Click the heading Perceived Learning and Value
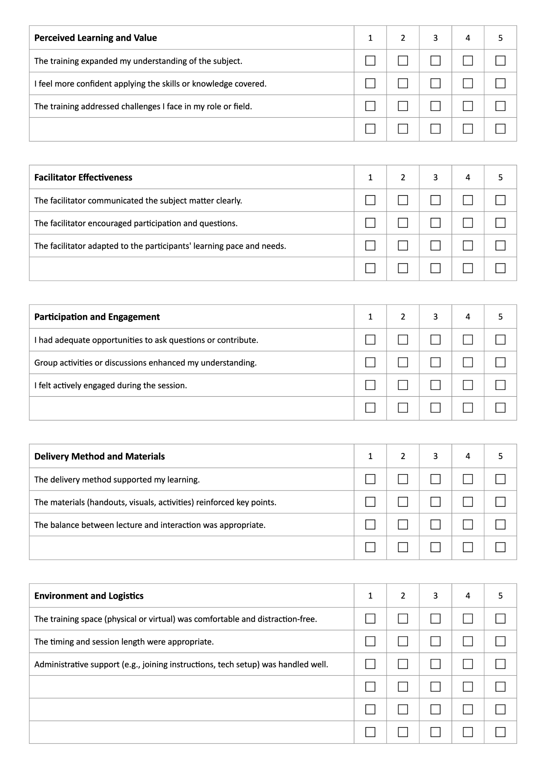point(96,38)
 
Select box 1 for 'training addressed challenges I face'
point(370,106)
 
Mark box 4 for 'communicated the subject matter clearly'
point(468,200)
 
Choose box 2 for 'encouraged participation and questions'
point(403,223)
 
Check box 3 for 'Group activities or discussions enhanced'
point(435,362)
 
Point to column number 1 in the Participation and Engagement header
point(370,316)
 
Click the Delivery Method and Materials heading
point(100,456)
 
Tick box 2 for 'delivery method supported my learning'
point(403,479)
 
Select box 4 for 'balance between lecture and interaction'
point(468,524)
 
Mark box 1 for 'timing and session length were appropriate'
point(370,641)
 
